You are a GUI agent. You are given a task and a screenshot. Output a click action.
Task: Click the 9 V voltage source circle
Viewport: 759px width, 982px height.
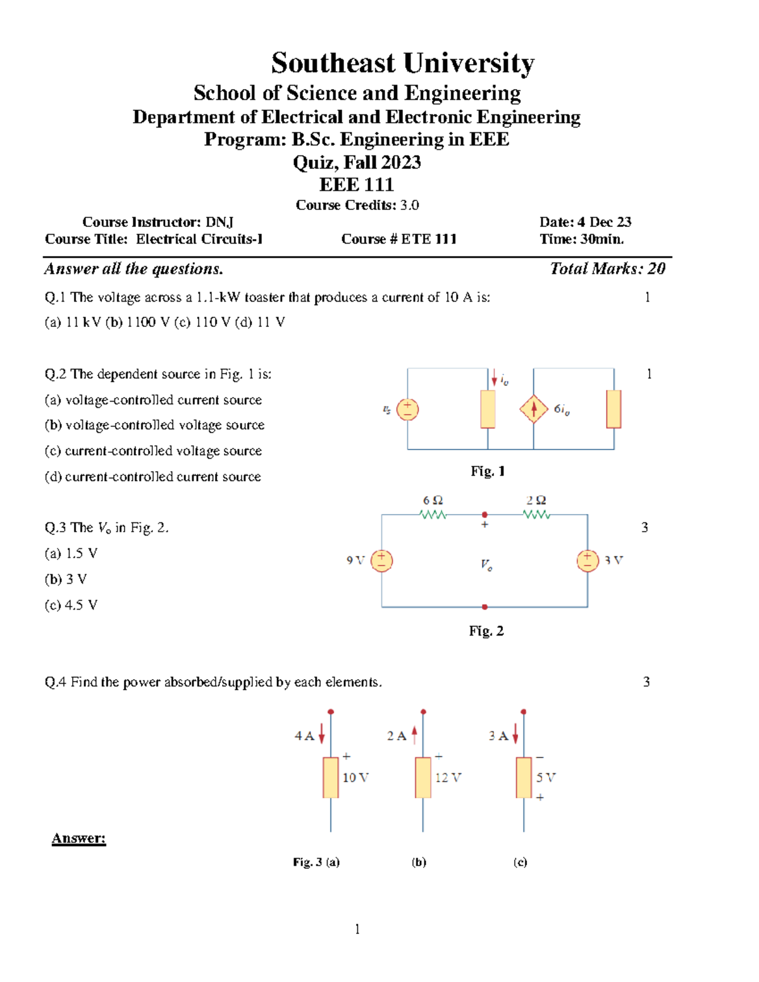click(x=381, y=560)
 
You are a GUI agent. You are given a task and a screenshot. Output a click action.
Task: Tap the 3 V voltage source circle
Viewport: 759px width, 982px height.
click(x=588, y=560)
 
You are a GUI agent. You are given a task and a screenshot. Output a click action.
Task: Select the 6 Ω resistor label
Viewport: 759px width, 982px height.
click(x=433, y=501)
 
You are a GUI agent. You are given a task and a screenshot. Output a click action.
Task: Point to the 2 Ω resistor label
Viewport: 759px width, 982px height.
click(x=536, y=501)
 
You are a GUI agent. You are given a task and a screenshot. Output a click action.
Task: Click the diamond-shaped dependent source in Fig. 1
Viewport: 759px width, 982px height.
click(x=534, y=409)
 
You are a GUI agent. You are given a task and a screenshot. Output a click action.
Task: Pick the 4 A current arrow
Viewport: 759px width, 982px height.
click(x=322, y=734)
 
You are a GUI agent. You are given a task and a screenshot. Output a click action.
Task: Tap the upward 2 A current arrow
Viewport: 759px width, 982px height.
click(x=414, y=734)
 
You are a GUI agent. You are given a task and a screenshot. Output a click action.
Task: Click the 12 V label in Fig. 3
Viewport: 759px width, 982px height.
click(x=448, y=778)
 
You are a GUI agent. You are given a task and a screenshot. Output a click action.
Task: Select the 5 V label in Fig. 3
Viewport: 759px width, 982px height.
click(x=545, y=778)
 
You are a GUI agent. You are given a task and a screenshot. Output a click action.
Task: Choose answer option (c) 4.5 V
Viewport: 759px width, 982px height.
click(x=71, y=605)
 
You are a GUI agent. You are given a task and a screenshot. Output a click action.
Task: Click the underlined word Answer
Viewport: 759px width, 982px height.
click(x=78, y=838)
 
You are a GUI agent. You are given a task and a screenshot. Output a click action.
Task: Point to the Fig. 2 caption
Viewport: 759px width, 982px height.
click(x=486, y=631)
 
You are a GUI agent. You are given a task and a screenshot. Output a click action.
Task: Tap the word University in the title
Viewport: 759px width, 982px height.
click(x=469, y=63)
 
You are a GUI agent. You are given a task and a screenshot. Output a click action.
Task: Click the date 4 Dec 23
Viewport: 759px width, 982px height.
click(x=604, y=222)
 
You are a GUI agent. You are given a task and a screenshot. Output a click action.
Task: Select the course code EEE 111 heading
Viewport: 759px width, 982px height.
click(x=357, y=185)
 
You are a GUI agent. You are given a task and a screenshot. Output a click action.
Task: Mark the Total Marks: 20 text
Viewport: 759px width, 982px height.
click(x=607, y=269)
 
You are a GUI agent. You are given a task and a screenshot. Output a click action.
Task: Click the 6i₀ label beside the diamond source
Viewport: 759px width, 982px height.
click(x=562, y=410)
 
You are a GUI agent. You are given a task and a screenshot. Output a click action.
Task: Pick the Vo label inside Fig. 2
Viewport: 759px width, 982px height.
click(x=486, y=565)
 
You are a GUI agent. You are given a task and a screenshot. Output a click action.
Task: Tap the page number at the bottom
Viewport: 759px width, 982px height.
click(x=357, y=929)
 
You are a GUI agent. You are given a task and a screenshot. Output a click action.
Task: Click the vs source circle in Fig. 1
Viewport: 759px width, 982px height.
click(x=407, y=409)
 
